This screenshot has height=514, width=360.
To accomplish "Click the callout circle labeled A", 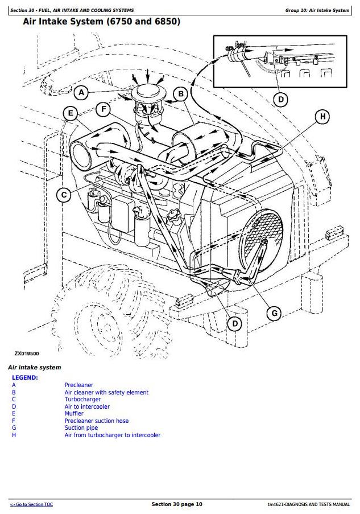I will [82, 92].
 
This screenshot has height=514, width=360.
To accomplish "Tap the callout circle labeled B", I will [180, 94].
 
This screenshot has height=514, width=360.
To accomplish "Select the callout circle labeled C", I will [64, 195].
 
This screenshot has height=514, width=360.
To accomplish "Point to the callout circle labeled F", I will [104, 109].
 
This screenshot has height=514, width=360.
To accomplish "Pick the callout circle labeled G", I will [274, 313].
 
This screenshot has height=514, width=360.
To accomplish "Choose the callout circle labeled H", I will [322, 117].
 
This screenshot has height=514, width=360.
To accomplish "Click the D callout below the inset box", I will [280, 100].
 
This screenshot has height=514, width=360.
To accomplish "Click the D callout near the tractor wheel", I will [233, 323].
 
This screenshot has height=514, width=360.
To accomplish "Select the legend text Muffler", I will [74, 414].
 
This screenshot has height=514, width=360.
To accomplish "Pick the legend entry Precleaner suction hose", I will [96, 421].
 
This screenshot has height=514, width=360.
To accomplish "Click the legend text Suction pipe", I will [81, 428].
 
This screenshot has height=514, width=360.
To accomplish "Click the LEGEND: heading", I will [25, 377].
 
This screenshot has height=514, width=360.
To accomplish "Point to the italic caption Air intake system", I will [34, 368].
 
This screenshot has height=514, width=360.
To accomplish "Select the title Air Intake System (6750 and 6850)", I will [101, 22].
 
